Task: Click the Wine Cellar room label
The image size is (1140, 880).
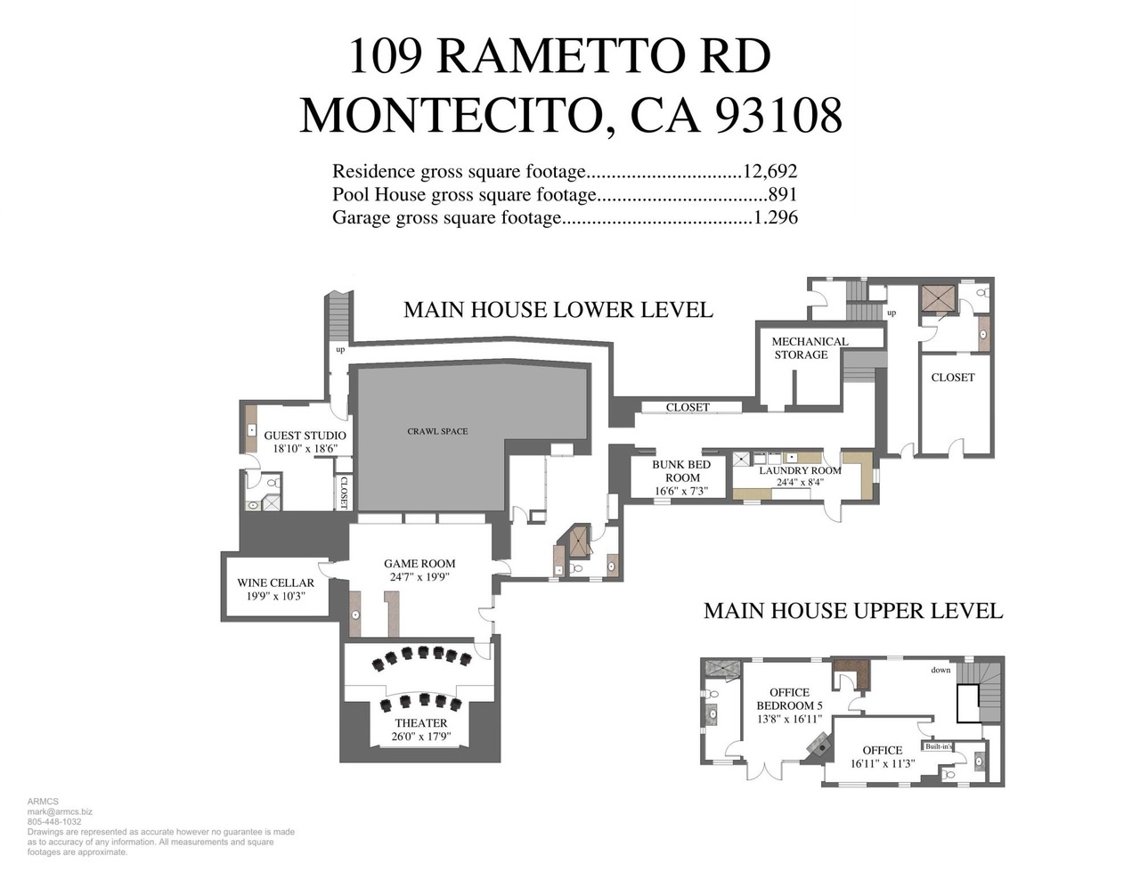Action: (275, 583)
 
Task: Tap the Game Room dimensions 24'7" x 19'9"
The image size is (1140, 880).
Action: (419, 577)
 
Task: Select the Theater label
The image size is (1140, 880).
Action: (421, 722)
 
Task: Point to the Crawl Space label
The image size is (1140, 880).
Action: (437, 432)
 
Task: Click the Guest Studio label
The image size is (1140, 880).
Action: (305, 436)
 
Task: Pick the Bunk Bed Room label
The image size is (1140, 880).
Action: (681, 471)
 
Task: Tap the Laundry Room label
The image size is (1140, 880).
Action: (800, 470)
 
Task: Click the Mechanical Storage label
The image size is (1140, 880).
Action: (810, 347)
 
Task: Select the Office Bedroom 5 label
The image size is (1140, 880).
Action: (789, 699)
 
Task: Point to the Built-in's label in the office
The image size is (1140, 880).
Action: (939, 746)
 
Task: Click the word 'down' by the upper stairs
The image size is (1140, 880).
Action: (940, 670)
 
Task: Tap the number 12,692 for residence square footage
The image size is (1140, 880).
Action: (770, 171)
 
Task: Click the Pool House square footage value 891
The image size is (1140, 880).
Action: (783, 194)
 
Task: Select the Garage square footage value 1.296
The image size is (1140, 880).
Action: (776, 217)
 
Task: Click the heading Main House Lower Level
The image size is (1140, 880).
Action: (558, 309)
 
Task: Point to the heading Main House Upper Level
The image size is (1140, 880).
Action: (853, 611)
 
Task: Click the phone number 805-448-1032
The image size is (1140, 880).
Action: (54, 821)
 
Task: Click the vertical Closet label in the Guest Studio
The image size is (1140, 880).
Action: (344, 493)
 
